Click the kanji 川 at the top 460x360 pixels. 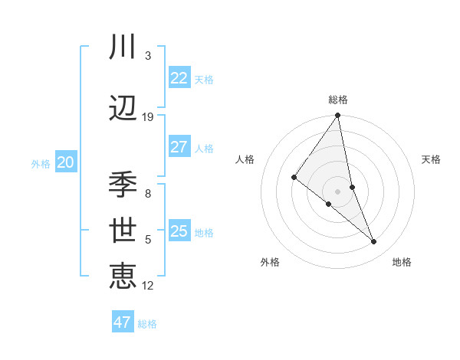123,47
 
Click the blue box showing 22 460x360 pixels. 179,78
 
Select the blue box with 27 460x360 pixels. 179,147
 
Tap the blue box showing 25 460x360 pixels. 179,231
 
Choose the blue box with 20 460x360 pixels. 66,162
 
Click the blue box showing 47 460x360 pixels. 123,322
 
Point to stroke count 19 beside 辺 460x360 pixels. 148,117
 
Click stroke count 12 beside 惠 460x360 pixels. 148,286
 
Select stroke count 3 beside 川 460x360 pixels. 148,56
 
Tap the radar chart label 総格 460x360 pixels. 338,100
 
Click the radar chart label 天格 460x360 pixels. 432,159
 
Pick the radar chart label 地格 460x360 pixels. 402,262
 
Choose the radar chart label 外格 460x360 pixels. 270,262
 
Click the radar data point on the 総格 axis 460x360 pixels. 338,116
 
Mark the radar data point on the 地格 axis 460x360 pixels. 374,241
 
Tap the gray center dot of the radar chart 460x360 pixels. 338,191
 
